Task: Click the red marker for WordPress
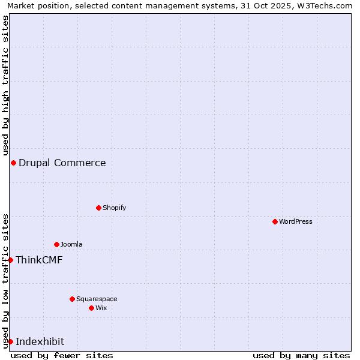[x=275, y=221]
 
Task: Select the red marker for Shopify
[x=99, y=208]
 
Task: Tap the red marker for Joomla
[x=57, y=244]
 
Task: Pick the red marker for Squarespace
[x=73, y=299]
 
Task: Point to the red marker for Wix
[x=92, y=308]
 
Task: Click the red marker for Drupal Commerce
[x=13, y=163]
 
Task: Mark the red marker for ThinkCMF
[x=10, y=260]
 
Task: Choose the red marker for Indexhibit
[x=10, y=341]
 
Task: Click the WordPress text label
[x=296, y=221]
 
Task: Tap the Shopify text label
[x=115, y=208]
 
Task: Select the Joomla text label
[x=71, y=244]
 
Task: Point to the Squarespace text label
[x=97, y=299]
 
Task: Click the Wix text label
[x=101, y=308]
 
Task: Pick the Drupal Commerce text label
[x=62, y=163]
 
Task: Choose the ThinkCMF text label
[x=39, y=260]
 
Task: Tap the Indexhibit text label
[x=40, y=341]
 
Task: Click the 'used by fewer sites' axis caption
[x=62, y=355]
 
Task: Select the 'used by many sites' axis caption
[x=301, y=355]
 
